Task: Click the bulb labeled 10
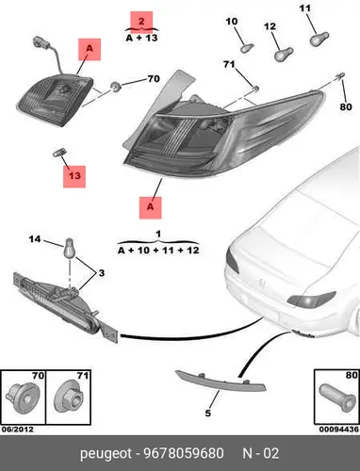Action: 247,48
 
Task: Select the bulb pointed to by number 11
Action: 319,39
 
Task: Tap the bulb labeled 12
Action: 284,55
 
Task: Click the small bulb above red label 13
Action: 58,152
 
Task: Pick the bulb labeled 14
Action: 70,248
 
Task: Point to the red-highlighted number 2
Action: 141,22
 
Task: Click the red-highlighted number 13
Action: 74,176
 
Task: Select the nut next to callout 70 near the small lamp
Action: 116,86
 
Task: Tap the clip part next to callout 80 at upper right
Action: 340,76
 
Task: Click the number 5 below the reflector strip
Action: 208,414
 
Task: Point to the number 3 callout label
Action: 101,273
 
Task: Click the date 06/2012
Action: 18,430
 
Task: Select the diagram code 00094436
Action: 338,430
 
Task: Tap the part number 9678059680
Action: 184,453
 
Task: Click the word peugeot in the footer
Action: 106,454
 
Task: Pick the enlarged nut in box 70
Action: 23,397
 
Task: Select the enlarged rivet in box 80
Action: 337,398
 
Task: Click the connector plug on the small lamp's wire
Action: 40,43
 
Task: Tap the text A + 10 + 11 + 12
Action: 158,251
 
